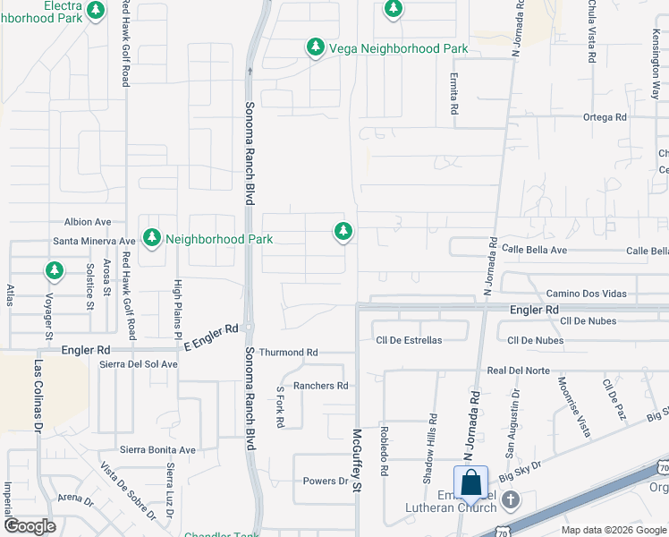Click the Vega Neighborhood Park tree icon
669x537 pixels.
315,47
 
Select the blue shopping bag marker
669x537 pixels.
470,483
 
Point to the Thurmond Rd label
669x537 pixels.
288,353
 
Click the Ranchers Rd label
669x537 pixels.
320,386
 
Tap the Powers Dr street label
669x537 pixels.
325,481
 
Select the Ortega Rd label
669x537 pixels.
605,117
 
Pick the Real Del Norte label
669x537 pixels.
519,370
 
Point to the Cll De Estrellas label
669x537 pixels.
409,340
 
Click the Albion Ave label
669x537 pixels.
88,222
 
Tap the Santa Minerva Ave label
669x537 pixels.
94,241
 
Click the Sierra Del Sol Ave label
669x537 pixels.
139,364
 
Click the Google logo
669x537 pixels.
30,526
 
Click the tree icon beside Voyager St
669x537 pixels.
55,269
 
